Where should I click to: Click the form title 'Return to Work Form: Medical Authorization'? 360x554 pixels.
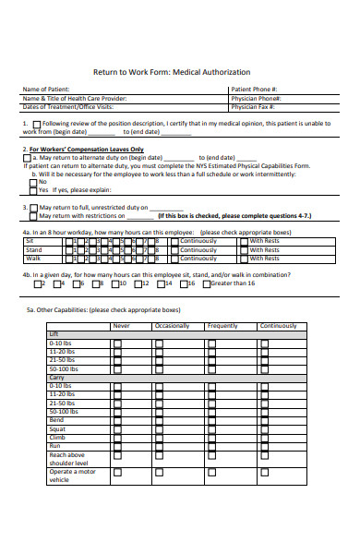(x=172, y=71)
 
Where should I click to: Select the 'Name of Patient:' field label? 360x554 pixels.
(x=46, y=90)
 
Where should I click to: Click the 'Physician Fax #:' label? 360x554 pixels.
(x=256, y=106)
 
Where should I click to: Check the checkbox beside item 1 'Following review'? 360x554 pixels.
(x=36, y=124)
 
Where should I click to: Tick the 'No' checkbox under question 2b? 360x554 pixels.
(x=33, y=182)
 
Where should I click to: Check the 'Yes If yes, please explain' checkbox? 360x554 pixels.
(x=33, y=190)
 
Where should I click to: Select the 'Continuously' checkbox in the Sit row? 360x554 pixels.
(x=174, y=240)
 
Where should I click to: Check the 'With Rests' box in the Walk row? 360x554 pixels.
(x=244, y=258)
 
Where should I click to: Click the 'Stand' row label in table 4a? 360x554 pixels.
(x=33, y=249)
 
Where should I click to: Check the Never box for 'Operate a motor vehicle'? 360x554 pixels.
(x=117, y=476)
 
